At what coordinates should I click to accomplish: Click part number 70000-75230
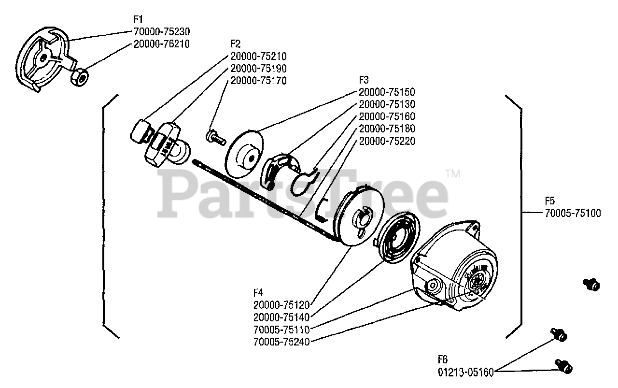point(162,32)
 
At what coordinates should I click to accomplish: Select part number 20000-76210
point(162,44)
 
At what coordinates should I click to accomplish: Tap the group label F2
point(236,43)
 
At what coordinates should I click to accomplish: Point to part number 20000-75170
point(259,81)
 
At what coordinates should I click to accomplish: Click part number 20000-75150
point(387,92)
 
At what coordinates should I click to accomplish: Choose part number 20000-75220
point(387,142)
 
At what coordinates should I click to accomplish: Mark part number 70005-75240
point(281,342)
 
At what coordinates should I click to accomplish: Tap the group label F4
point(258,292)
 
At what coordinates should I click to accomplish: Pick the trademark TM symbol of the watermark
point(452,173)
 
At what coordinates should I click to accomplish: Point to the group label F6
point(443,360)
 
